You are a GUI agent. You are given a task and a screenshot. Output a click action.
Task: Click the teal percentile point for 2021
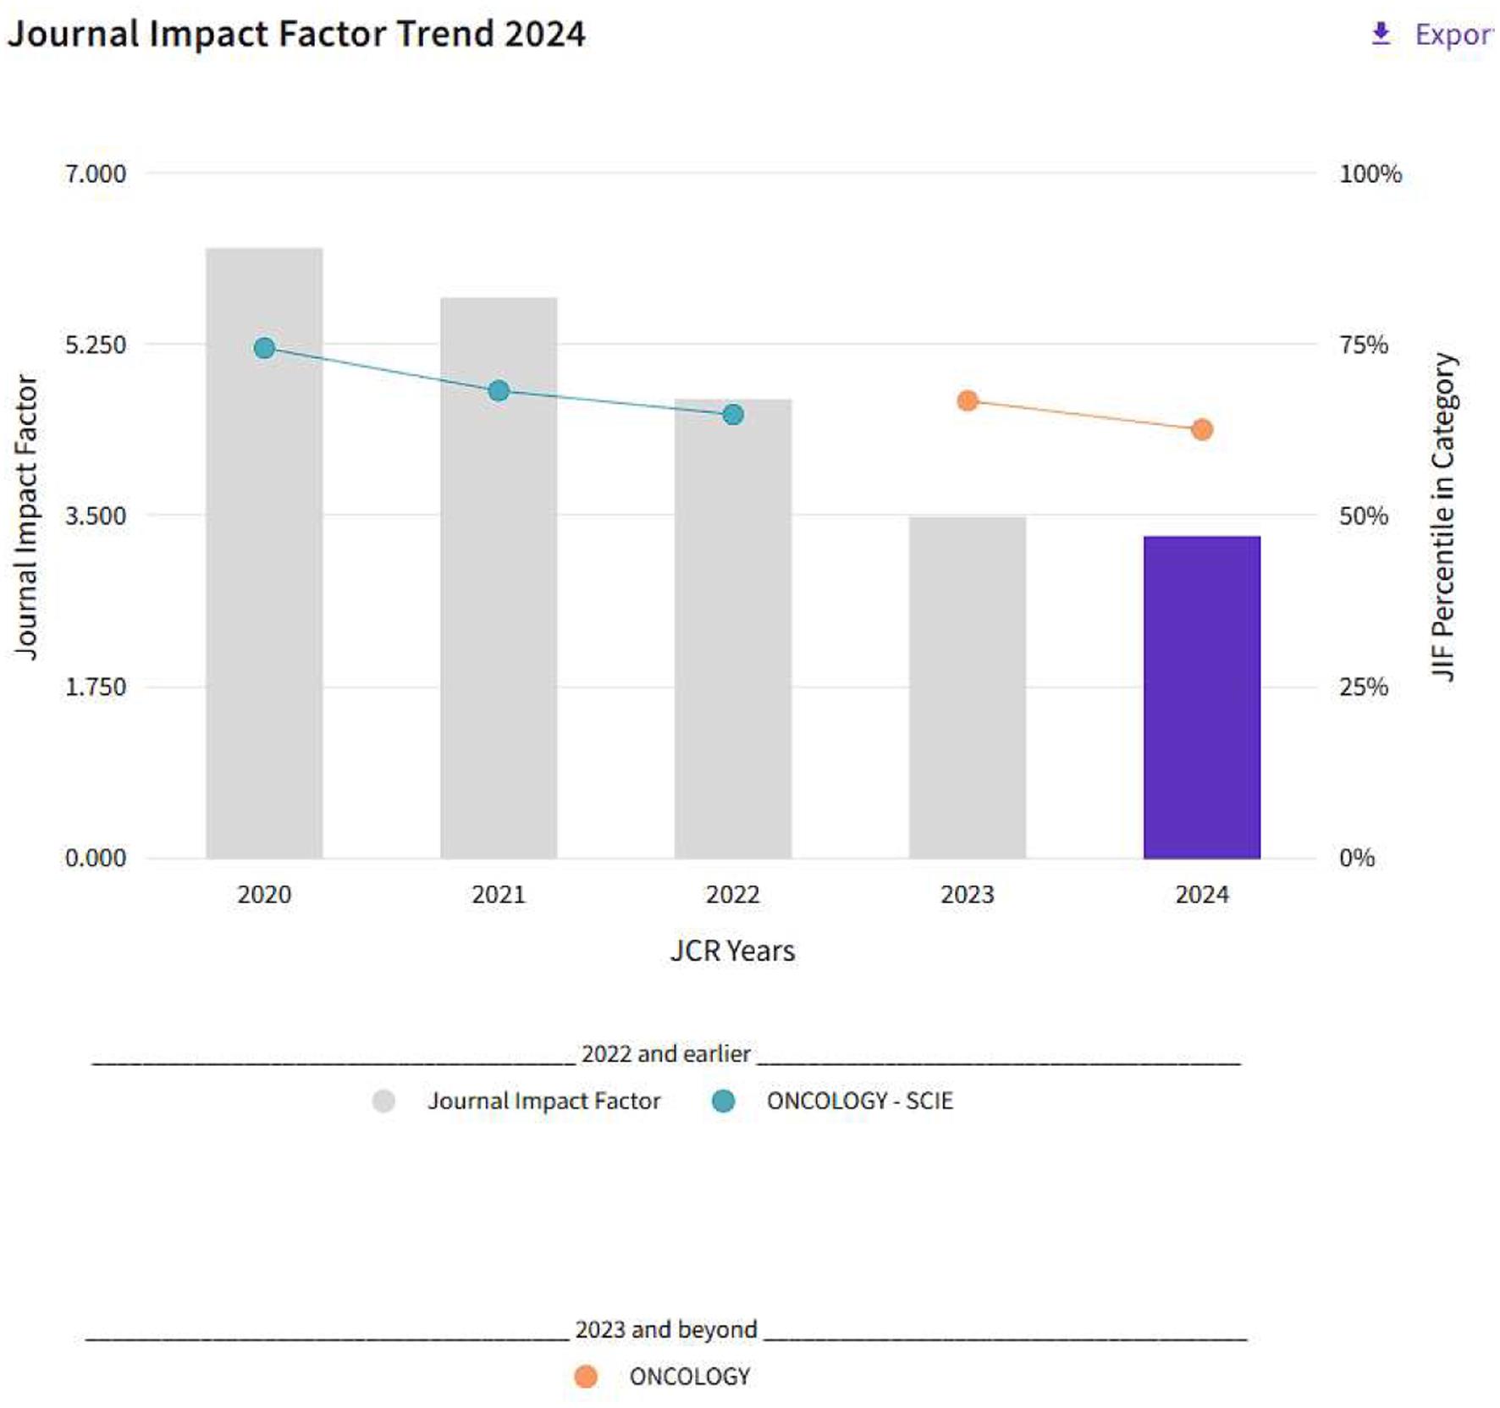[499, 391]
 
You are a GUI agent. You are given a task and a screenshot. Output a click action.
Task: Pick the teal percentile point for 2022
[733, 415]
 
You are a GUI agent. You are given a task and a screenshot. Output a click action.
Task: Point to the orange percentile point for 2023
[968, 401]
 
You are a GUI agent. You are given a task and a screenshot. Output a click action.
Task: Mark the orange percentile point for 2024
[1201, 430]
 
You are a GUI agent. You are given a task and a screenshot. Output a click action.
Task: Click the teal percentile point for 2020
[264, 348]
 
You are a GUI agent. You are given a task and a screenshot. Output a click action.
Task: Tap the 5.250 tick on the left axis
[95, 345]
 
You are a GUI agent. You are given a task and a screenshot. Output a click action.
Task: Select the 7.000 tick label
[95, 174]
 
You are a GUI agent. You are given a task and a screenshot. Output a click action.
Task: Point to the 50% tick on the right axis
[1363, 516]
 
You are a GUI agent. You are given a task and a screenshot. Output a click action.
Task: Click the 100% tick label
[1370, 174]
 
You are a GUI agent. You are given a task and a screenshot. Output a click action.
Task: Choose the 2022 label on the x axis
[733, 894]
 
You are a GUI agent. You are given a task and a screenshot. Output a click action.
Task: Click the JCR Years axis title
[732, 951]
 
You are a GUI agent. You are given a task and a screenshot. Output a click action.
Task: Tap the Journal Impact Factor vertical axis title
[27, 516]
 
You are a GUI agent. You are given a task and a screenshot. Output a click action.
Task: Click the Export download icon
[1381, 34]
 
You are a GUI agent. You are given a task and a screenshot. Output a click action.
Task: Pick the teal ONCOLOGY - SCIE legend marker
[723, 1101]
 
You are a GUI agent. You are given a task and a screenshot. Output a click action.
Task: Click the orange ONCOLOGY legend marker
[586, 1377]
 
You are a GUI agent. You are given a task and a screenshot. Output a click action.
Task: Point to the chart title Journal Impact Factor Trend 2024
[296, 34]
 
